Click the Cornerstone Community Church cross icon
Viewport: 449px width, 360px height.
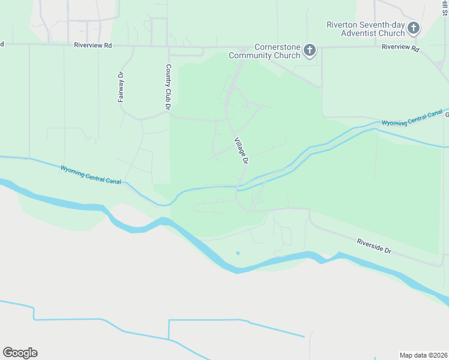tap(310, 50)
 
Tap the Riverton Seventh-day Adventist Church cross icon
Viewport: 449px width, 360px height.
tap(413, 28)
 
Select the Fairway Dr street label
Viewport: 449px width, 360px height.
tap(121, 87)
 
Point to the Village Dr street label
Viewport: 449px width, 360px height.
tap(241, 149)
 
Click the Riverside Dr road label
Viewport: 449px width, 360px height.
tap(373, 245)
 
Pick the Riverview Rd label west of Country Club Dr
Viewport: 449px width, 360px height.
tap(93, 45)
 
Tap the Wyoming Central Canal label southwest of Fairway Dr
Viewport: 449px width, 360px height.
tap(90, 175)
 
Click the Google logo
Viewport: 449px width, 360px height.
tap(20, 353)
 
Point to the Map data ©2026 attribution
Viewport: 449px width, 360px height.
tap(423, 355)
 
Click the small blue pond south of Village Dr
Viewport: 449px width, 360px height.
tap(238, 253)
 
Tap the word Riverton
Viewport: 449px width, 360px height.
tap(342, 25)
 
